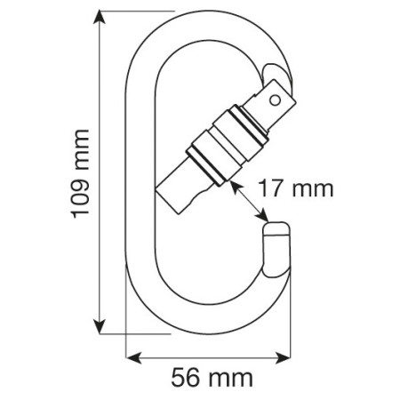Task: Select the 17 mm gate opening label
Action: tap(293, 188)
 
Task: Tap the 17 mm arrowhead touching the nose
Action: tap(265, 218)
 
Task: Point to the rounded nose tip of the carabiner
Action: tap(276, 233)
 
